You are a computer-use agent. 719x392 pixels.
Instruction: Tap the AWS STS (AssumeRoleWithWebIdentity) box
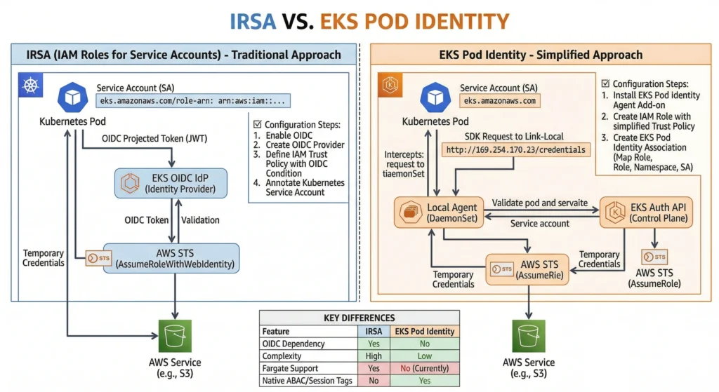[171, 257]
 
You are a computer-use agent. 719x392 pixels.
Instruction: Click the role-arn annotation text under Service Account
[192, 101]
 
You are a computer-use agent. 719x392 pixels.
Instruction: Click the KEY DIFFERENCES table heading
[359, 318]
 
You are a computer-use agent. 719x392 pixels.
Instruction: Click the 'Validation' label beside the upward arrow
[200, 219]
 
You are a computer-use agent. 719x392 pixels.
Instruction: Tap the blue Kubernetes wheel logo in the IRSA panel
[29, 88]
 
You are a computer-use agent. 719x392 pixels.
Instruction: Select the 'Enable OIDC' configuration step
[290, 135]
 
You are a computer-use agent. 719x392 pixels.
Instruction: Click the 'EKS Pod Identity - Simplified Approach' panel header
[540, 55]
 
